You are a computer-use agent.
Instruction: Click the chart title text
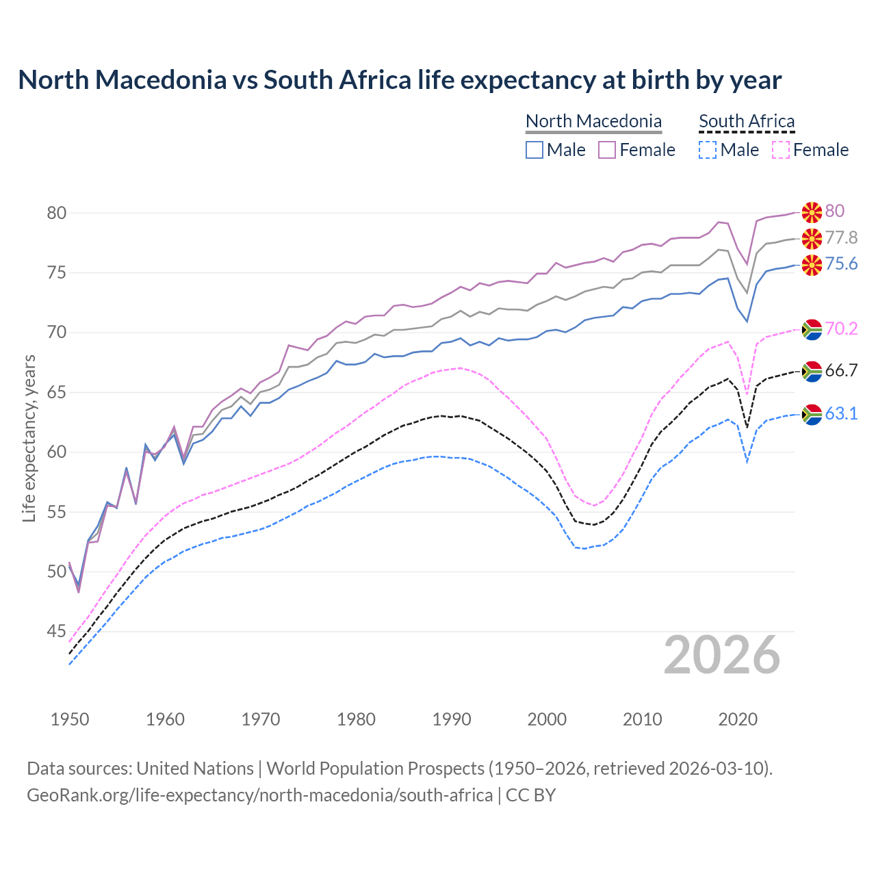click(400, 80)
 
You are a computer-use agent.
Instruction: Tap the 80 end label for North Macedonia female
click(834, 211)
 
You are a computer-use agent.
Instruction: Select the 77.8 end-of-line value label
click(841, 237)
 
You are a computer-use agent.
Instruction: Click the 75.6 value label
click(841, 264)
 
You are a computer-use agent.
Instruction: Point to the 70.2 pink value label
click(841, 328)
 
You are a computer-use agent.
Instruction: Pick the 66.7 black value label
click(841, 371)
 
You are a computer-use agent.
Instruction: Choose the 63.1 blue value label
click(841, 413)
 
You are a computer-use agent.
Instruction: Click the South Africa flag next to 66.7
click(812, 371)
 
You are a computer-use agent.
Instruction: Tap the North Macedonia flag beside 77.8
click(812, 238)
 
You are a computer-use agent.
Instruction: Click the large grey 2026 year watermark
click(722, 655)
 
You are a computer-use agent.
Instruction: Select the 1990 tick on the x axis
click(452, 719)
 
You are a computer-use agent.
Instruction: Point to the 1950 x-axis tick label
click(70, 719)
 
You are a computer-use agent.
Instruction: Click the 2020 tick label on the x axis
click(738, 719)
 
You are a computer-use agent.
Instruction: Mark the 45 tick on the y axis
click(56, 631)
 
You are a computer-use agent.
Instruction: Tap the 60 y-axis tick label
click(56, 452)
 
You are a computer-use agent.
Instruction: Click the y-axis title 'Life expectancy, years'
click(29, 438)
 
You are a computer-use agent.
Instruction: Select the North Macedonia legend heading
click(593, 121)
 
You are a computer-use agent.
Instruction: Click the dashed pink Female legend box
click(781, 150)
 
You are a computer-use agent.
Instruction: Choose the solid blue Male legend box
click(534, 150)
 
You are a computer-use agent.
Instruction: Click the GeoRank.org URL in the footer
click(259, 795)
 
